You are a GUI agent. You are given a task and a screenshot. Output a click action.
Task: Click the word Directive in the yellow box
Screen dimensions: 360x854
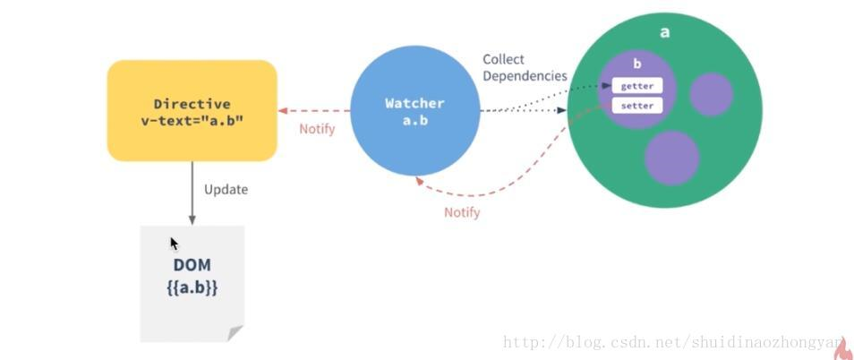click(192, 104)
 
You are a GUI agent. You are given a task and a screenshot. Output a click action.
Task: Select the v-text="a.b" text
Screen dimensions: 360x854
click(192, 121)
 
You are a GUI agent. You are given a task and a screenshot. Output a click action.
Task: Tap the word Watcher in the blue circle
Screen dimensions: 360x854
click(414, 103)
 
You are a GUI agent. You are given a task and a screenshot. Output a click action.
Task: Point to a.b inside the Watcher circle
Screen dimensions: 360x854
click(414, 120)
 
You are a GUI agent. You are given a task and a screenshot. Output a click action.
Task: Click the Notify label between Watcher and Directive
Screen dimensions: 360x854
click(317, 129)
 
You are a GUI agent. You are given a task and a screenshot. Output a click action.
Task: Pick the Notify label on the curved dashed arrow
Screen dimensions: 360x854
click(462, 212)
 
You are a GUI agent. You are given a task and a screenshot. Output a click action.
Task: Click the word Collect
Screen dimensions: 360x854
click(503, 59)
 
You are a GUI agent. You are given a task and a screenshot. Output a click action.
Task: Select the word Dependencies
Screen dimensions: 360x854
click(525, 76)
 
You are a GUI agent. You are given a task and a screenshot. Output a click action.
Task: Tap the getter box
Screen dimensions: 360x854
click(637, 86)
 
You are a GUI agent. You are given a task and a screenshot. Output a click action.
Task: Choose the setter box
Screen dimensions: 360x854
click(637, 106)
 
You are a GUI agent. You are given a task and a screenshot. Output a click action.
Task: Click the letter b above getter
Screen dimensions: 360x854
click(637, 64)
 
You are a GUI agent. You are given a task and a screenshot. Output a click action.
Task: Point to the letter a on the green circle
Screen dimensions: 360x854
click(665, 32)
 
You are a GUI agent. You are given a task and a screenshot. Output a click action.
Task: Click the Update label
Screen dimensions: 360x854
click(226, 189)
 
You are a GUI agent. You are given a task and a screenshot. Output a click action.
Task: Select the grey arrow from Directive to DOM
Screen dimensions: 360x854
click(192, 193)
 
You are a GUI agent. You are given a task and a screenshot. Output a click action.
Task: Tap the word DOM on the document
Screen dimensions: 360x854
click(192, 266)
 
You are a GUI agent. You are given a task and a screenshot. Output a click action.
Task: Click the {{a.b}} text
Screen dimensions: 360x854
click(192, 288)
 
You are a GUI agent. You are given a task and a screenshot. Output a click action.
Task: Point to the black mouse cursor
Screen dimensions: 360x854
click(174, 243)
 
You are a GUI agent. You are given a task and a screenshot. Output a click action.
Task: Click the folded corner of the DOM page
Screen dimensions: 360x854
click(235, 333)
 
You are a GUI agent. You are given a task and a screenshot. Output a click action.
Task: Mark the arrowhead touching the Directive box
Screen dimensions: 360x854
click(283, 111)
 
